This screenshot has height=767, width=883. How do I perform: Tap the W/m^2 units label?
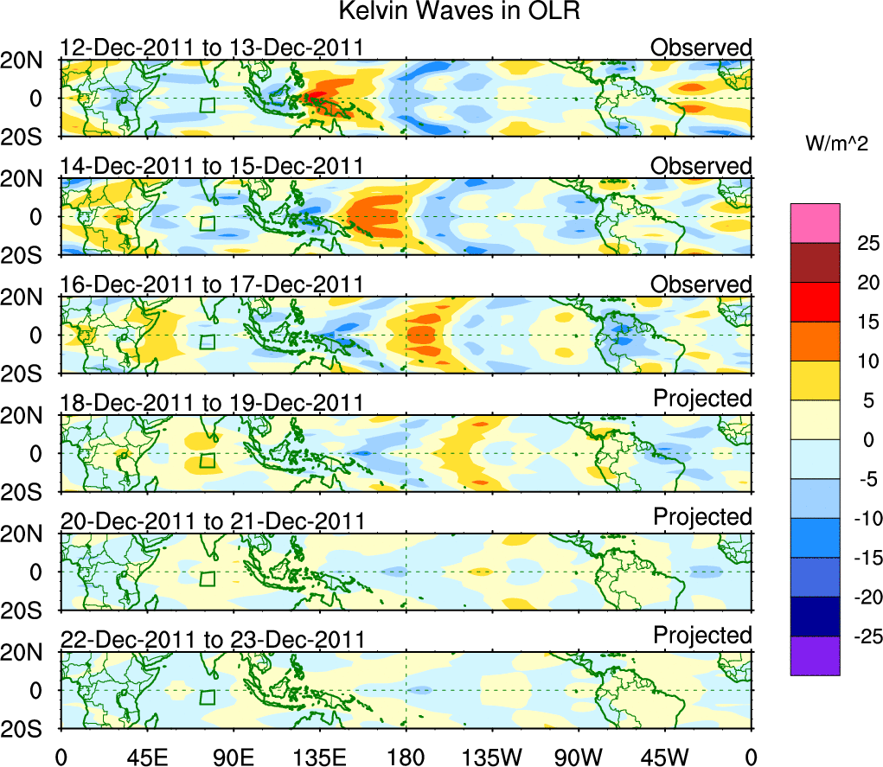pyautogui.click(x=836, y=144)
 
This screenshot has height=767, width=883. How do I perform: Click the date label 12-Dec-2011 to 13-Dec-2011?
pyautogui.click(x=212, y=48)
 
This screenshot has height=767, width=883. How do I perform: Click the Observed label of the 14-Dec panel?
pyautogui.click(x=701, y=165)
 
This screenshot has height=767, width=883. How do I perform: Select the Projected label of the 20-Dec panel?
pyautogui.click(x=702, y=517)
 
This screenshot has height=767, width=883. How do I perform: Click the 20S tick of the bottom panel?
pyautogui.click(x=29, y=728)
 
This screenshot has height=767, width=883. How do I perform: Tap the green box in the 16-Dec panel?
pyautogui.click(x=207, y=342)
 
